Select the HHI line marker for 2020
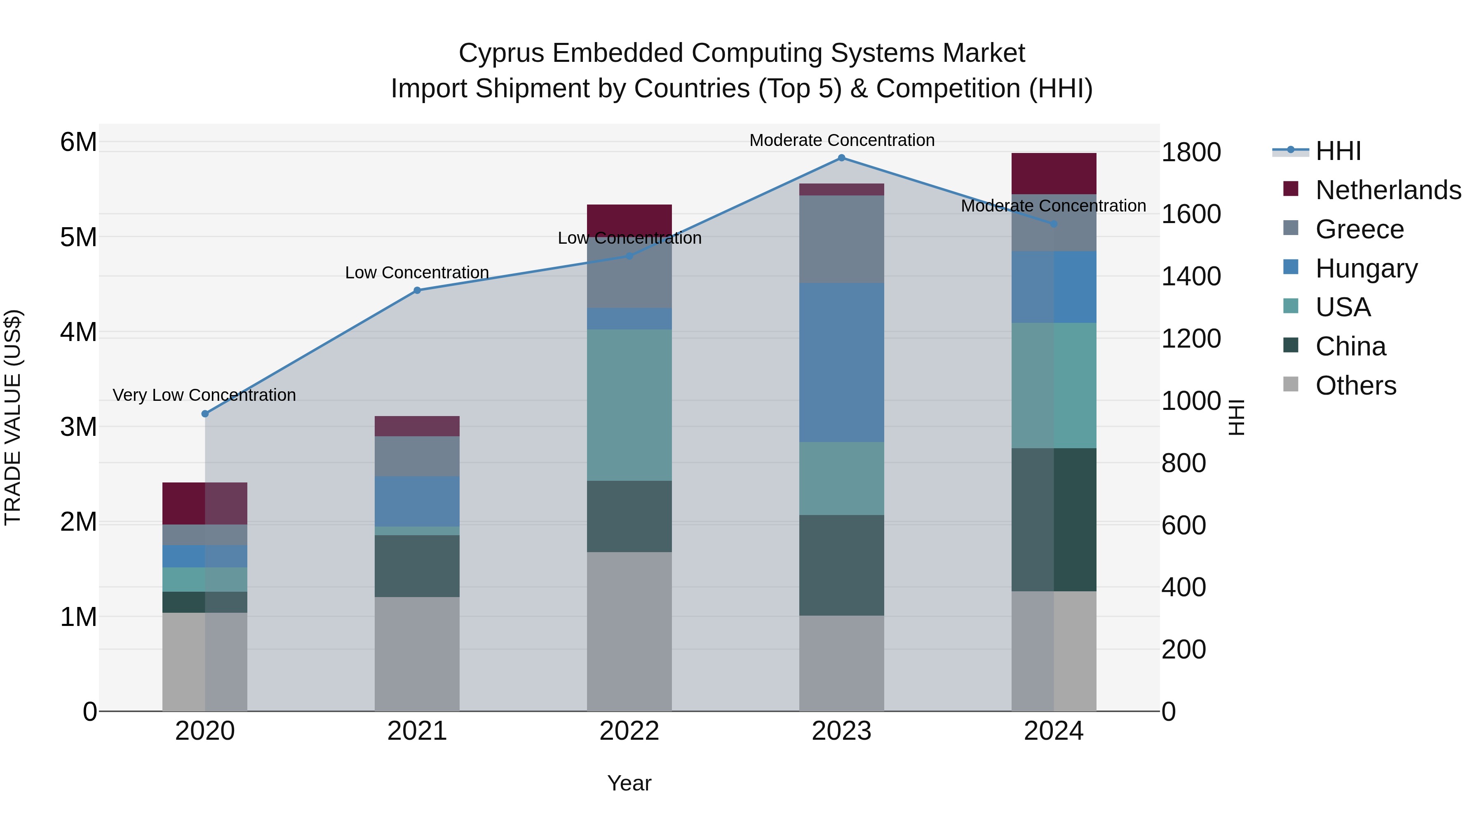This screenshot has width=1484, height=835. point(205,414)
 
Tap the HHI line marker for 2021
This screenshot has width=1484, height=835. point(417,290)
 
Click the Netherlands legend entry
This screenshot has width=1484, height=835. point(1387,190)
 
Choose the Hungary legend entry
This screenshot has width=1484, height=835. point(1365,268)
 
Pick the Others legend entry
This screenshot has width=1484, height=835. point(1355,386)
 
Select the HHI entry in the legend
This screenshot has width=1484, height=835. point(1338,151)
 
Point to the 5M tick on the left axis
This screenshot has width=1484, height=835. point(78,237)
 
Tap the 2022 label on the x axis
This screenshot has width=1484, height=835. point(629,731)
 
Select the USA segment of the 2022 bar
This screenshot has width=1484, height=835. point(629,405)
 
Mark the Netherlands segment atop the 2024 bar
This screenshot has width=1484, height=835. point(1054,174)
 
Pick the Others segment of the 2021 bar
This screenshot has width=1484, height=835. point(417,654)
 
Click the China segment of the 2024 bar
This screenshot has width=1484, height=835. point(1054,520)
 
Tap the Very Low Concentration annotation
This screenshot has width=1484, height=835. point(204,395)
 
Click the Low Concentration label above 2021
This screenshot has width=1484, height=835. point(417,273)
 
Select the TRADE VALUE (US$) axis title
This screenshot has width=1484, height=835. point(13,417)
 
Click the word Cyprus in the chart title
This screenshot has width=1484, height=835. point(501,53)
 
